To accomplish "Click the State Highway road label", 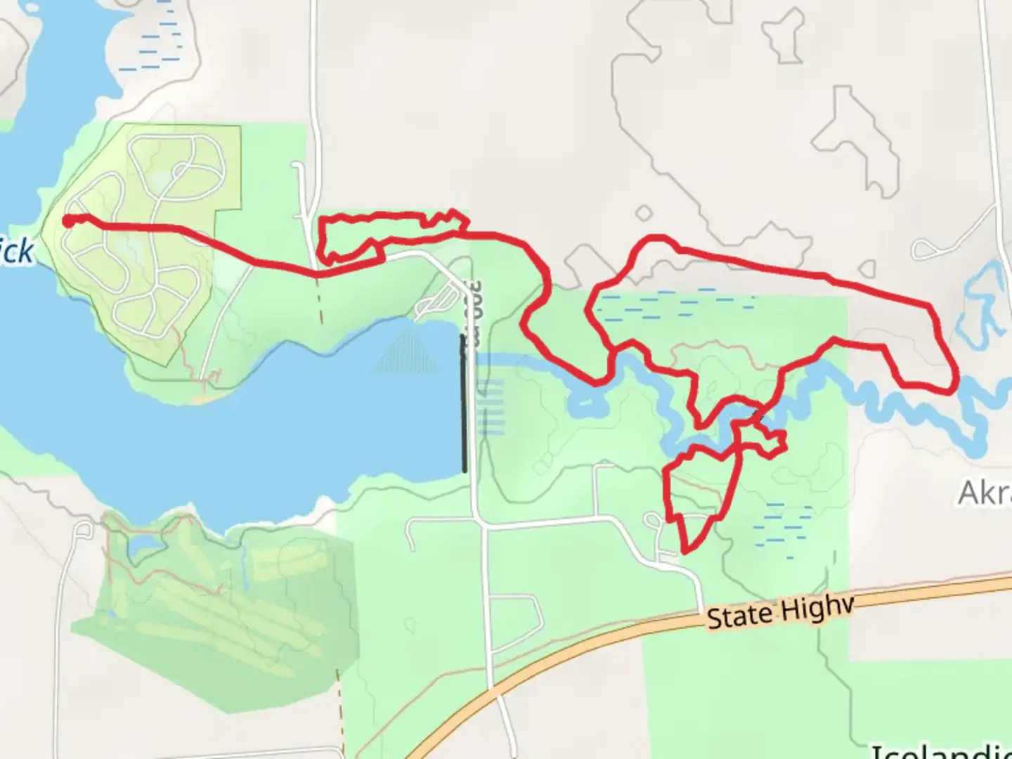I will tap(779, 612).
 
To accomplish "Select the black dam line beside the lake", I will tap(463, 404).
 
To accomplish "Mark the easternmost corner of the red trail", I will tap(956, 383).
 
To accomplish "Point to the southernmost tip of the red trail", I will tap(684, 552).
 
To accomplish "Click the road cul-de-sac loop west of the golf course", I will tap(82, 529).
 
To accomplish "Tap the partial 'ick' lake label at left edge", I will tap(15, 252).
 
